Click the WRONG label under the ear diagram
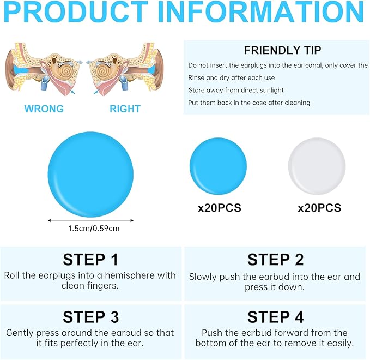point(44,109)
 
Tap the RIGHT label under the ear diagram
point(125,109)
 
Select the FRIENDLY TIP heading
point(282,50)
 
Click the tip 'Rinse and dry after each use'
point(231,77)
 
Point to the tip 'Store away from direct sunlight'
point(236,90)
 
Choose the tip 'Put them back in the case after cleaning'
point(249,103)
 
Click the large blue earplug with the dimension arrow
point(90,175)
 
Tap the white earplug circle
point(317,166)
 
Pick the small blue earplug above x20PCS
point(219,166)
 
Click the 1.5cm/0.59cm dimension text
point(94,229)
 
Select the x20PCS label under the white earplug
point(319,208)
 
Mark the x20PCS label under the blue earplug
point(220,208)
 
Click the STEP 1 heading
point(90,260)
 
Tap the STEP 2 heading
point(275,260)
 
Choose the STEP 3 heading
point(90,317)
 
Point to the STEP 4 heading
point(275,317)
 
